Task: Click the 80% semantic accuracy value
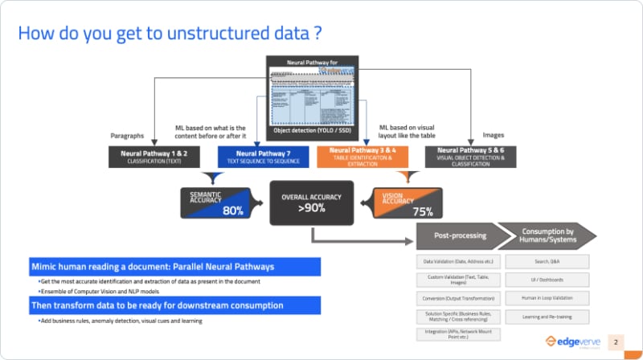232,211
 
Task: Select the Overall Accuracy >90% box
312,202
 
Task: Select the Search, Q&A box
547,262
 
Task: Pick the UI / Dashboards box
547,280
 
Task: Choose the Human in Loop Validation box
547,297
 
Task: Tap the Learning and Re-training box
547,316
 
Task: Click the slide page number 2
616,342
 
